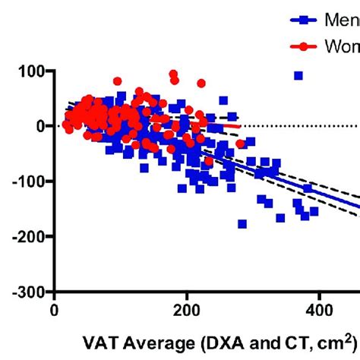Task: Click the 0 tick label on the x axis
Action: [55, 310]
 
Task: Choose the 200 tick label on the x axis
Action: [187, 310]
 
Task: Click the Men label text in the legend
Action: [342, 19]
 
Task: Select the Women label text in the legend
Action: [342, 46]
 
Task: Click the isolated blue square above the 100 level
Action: [298, 75]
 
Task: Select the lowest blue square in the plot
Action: [242, 224]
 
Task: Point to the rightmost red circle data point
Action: [240, 144]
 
